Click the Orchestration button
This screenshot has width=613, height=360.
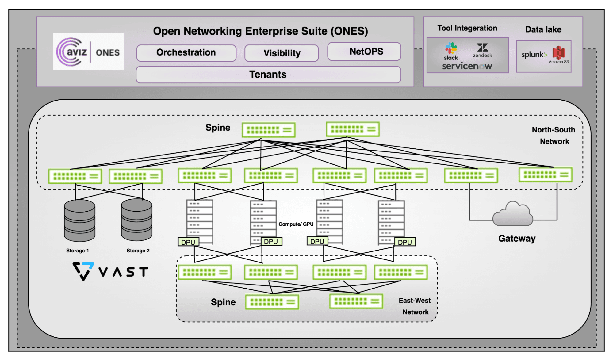pos(186,53)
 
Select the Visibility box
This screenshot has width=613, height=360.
pos(282,53)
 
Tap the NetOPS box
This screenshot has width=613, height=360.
pos(364,52)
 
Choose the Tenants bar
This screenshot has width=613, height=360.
pos(268,75)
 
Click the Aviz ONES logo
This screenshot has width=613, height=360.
pos(88,52)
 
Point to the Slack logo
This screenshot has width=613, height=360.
pos(451,51)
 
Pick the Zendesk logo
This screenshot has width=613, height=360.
pos(482,50)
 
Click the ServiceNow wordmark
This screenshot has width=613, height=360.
pos(467,66)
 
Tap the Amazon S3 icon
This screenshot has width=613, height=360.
pos(559,54)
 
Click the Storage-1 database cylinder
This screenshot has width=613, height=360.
pos(79,220)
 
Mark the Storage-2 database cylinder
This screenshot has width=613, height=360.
pos(136,220)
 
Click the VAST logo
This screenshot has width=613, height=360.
pos(110,271)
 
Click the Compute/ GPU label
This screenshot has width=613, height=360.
pos(296,224)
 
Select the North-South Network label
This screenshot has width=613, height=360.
pos(554,136)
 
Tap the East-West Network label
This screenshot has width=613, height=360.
pos(415,306)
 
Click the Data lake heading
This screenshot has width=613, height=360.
pos(543,29)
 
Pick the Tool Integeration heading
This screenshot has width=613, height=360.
pos(467,28)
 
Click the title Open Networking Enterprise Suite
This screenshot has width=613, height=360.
pos(260,31)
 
